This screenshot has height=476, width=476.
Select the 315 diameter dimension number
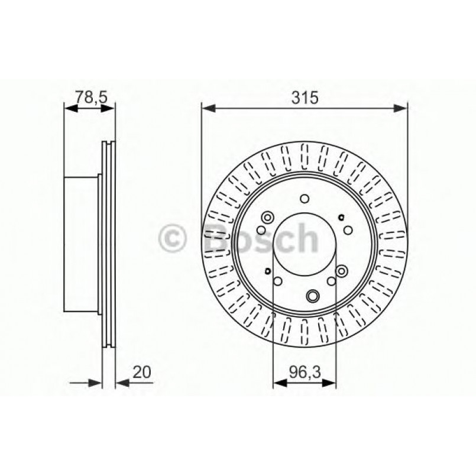coord(305,97)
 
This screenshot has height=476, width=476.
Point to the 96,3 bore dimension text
coord(303,373)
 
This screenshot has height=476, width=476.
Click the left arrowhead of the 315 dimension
coord(207,108)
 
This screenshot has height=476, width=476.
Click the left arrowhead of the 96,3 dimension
coord(278,383)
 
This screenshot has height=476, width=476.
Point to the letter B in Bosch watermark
coord(221,240)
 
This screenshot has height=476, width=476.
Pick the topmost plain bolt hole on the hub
coord(304,199)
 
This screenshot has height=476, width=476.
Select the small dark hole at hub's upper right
coord(341,218)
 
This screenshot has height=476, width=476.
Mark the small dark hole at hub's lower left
coord(268,272)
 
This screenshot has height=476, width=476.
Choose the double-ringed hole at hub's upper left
coord(267,216)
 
